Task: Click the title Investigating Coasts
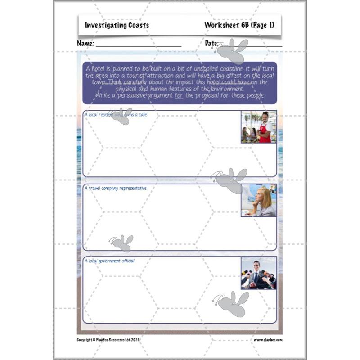117,26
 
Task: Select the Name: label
85,44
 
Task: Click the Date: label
211,44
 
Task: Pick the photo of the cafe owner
259,127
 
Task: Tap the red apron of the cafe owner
265,133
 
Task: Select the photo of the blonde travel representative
259,201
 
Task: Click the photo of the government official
259,273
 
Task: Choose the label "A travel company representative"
116,188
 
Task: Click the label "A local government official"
109,261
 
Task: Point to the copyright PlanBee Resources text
108,340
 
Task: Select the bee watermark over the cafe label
120,116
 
